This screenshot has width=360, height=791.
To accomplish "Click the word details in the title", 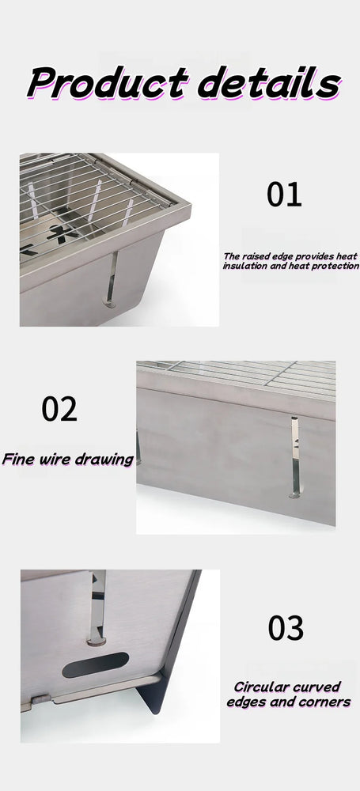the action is (269, 81).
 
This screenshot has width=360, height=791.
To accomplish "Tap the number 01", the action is (284, 195).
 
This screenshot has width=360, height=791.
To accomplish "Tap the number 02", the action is (59, 409).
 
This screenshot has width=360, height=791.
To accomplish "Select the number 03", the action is (286, 628).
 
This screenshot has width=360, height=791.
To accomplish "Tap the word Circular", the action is (260, 687).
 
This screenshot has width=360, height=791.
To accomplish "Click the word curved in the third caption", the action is (316, 687).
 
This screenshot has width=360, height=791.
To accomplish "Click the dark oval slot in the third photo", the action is (96, 664).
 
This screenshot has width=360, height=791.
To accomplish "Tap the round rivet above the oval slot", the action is (97, 642).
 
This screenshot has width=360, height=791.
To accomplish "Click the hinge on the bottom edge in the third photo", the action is (41, 700).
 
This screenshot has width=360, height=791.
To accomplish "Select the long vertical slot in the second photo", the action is (295, 457).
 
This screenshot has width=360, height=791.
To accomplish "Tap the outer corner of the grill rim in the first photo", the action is (190, 206).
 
